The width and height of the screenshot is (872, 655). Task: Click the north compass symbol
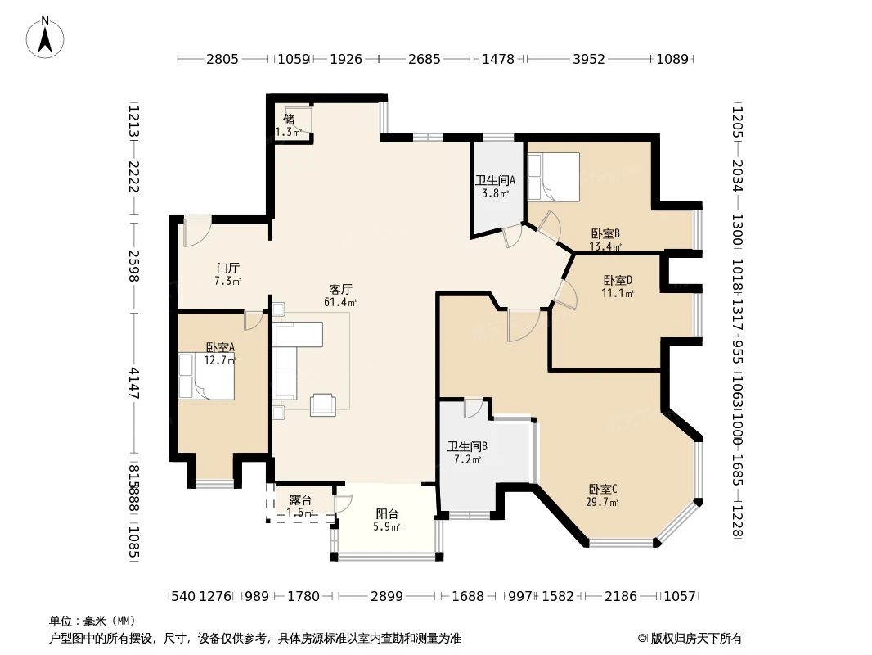[x=45, y=38]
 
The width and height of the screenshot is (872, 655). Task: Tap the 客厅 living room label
[x=340, y=290]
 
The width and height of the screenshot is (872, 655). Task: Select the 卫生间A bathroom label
[x=494, y=182]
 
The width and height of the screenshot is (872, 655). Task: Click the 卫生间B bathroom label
[x=467, y=447]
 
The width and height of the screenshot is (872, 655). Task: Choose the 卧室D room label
[x=618, y=280]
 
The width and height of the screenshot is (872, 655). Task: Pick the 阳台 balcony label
[x=387, y=514]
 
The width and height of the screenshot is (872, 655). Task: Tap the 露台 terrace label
[x=300, y=500]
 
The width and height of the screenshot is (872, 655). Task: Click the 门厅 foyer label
[x=227, y=269]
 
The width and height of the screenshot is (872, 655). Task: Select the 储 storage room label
[x=289, y=120]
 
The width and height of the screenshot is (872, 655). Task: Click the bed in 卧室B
[x=553, y=176]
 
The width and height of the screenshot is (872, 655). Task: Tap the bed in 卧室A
[x=207, y=377]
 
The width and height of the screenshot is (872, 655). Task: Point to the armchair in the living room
[x=322, y=404]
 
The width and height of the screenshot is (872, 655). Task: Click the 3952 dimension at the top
[x=588, y=59]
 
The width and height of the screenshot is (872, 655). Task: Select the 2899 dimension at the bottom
[x=386, y=596]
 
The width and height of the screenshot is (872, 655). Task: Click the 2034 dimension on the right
[x=737, y=173]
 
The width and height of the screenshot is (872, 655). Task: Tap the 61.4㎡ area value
[x=340, y=302]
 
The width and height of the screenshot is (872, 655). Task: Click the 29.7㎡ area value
[x=602, y=503]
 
